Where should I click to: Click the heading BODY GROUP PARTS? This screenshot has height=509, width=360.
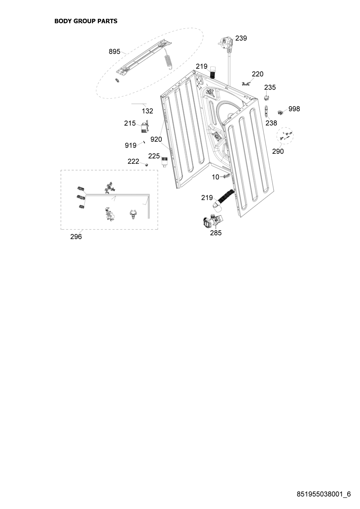(x=86, y=21)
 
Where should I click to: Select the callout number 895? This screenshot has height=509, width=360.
(x=115, y=52)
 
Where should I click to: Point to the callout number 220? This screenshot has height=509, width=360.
(x=258, y=74)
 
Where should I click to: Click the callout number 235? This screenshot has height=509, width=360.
(x=270, y=87)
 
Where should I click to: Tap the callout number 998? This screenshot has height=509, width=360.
(x=294, y=109)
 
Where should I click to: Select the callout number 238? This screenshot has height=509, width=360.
(x=271, y=123)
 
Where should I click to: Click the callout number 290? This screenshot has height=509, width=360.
(x=278, y=151)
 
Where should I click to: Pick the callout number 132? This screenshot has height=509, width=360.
(x=148, y=111)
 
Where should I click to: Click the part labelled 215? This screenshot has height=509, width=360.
(x=145, y=127)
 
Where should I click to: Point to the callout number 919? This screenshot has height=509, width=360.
(x=131, y=146)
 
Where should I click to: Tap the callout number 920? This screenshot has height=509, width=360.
(x=156, y=140)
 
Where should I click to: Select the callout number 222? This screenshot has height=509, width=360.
(x=134, y=161)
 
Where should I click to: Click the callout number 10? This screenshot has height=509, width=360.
(x=215, y=177)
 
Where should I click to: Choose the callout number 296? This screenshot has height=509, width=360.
(x=76, y=237)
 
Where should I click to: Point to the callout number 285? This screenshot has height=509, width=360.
(x=216, y=233)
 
